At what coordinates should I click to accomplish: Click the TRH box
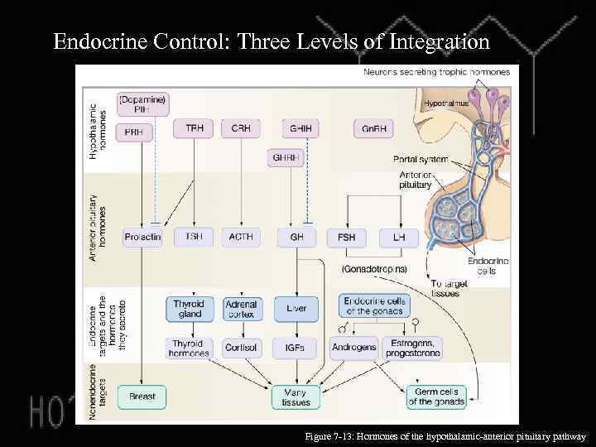tap(194, 128)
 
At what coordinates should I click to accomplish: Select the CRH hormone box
tap(241, 128)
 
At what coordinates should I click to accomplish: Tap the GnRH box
tap(373, 128)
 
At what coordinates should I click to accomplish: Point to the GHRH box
tap(288, 156)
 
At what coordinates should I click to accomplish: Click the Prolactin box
tap(142, 237)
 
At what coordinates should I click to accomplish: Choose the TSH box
tap(194, 237)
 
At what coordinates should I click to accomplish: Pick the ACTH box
tap(241, 237)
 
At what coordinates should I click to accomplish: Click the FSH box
tap(346, 237)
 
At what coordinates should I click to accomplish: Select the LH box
tap(393, 237)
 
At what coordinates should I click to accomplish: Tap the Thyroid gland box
tap(189, 309)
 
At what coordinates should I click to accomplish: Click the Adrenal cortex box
tap(241, 309)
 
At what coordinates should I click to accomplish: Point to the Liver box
tap(296, 309)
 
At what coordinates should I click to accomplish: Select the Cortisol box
tap(241, 348)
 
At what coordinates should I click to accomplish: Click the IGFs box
tap(296, 348)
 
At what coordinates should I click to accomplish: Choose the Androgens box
tap(353, 348)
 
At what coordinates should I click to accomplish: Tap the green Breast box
tap(142, 397)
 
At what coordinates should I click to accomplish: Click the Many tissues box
tap(296, 397)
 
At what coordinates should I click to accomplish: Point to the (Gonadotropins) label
tap(374, 269)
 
